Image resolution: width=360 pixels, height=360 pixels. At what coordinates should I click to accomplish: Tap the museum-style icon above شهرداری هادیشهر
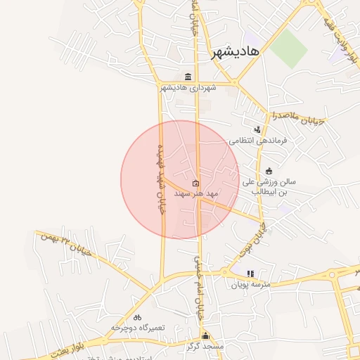(x=188, y=77)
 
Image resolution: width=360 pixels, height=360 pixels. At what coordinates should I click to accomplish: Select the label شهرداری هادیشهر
(x=188, y=88)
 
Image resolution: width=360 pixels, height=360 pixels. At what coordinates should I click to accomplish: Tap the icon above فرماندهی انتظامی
(x=258, y=129)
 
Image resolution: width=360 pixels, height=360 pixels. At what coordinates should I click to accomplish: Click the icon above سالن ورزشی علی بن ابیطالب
(x=269, y=171)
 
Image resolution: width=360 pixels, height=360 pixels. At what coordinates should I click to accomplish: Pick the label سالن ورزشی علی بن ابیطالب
(x=269, y=186)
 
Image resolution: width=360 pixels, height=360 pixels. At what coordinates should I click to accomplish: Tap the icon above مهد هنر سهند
(x=195, y=184)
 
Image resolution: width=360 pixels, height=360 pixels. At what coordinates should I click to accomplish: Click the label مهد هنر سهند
(x=199, y=193)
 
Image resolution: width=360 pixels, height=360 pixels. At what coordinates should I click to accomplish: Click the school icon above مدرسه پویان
(x=250, y=274)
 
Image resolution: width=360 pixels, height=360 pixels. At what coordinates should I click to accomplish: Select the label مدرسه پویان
(x=250, y=285)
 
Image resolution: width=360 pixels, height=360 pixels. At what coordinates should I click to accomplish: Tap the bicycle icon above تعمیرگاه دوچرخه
(x=137, y=317)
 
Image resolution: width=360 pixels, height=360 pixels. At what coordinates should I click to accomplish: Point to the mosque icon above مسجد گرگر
(x=205, y=336)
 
